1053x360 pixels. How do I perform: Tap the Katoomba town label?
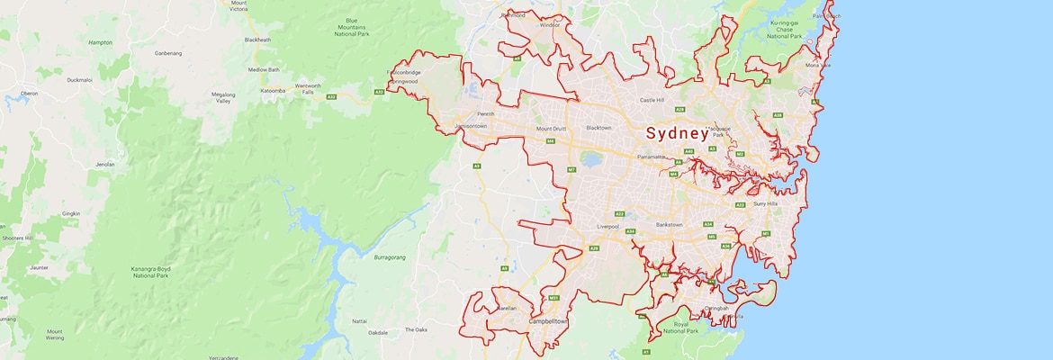point(273,91)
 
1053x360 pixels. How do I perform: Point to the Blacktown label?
point(598,128)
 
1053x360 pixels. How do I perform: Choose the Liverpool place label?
point(609,226)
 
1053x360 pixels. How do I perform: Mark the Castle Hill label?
point(652,100)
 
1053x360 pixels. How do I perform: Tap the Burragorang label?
point(391,257)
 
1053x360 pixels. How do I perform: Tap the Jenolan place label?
point(105,165)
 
